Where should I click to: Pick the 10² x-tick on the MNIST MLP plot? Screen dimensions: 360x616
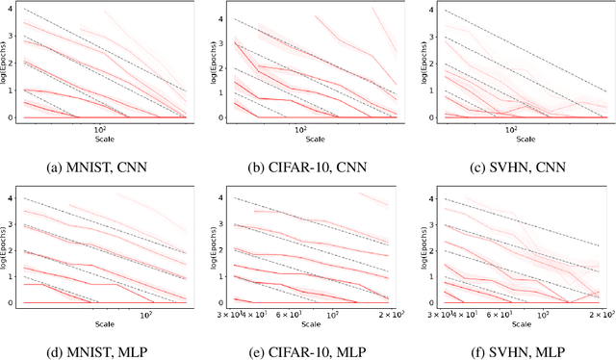148,316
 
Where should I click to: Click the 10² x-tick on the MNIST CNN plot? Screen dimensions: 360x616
99,128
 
